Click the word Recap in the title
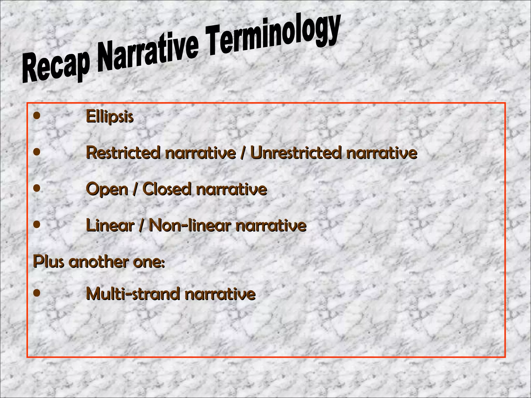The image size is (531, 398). (55, 66)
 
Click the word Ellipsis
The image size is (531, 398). (110, 117)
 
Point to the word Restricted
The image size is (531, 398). (123, 153)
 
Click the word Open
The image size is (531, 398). (107, 189)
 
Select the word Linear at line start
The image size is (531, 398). (110, 225)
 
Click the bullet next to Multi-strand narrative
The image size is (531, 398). (37, 293)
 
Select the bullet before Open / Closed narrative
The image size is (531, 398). (37, 188)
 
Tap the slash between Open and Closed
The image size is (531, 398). (135, 189)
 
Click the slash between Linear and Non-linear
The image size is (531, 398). (142, 226)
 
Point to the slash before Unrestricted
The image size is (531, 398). (243, 153)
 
